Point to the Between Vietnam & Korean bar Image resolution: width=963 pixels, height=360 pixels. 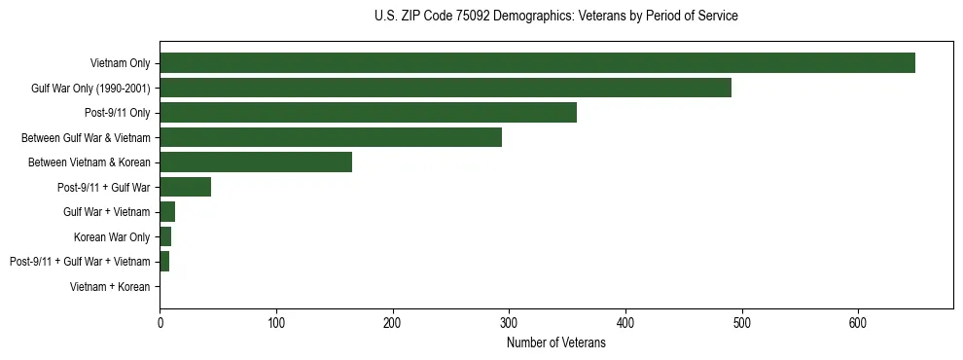tap(256, 162)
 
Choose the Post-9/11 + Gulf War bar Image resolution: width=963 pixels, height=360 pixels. tap(185, 187)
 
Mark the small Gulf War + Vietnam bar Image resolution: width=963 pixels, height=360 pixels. tap(167, 212)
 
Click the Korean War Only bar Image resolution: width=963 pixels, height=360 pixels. tap(165, 236)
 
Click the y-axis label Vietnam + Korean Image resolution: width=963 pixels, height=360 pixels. tap(110, 287)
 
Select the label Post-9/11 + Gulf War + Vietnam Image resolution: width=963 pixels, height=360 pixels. tap(80, 262)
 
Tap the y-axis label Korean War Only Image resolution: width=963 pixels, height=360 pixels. tap(112, 236)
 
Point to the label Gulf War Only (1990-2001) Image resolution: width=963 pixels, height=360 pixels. tap(90, 89)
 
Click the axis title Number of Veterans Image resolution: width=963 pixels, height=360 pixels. tap(556, 342)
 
